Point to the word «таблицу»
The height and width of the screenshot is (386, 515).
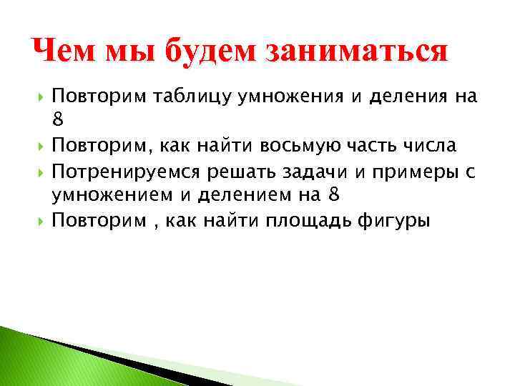point(181,97)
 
